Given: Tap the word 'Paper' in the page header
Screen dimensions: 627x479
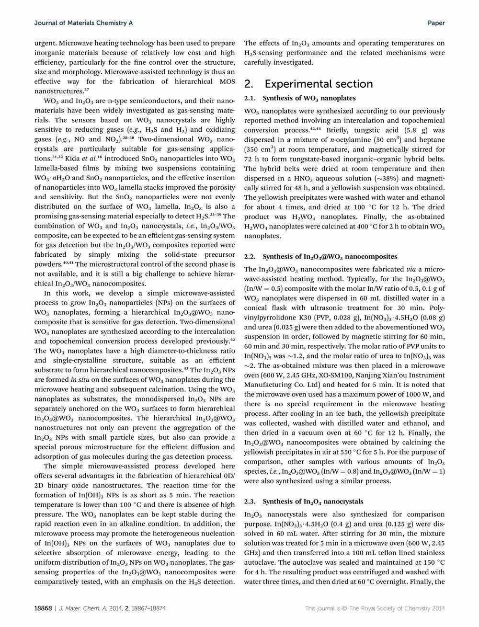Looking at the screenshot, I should pyautogui.click(x=436, y=23).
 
